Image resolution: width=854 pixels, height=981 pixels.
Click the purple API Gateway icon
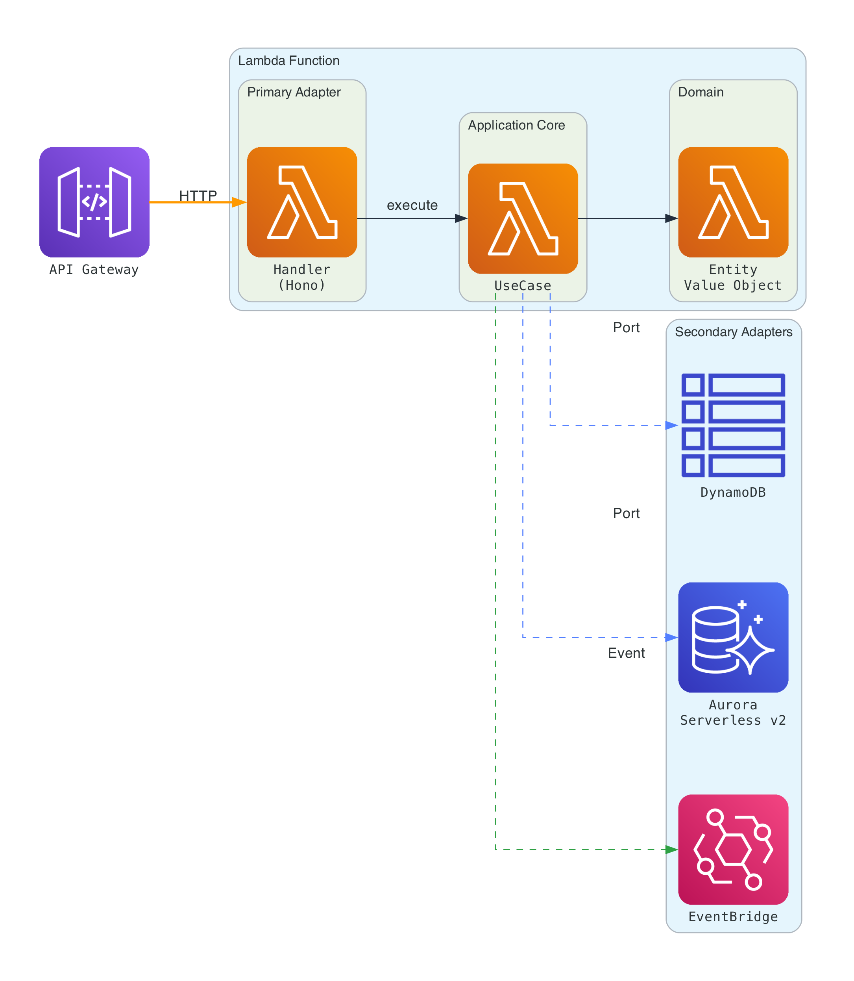click(94, 202)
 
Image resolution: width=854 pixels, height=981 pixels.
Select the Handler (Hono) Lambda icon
click(302, 202)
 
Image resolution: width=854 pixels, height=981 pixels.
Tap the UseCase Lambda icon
click(523, 218)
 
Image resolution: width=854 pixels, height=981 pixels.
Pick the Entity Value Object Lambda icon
click(733, 202)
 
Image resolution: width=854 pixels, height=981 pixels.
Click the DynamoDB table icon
click(733, 425)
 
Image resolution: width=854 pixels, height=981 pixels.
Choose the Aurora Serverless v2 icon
click(733, 637)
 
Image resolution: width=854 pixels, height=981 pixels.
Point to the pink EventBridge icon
click(733, 849)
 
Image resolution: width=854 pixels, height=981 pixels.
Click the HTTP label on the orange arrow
click(198, 195)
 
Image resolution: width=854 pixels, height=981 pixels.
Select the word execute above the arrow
click(412, 205)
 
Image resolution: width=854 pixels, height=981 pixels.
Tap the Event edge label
click(626, 653)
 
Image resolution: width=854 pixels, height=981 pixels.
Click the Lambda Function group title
click(289, 61)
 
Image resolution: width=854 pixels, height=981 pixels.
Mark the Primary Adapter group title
click(294, 92)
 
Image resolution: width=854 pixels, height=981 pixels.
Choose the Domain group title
click(701, 92)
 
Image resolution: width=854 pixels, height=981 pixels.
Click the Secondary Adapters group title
click(734, 332)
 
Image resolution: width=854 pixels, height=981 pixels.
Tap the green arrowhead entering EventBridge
click(671, 850)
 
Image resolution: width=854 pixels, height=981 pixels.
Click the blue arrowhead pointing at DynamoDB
click(671, 425)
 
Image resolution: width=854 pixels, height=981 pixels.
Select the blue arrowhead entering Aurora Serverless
click(671, 637)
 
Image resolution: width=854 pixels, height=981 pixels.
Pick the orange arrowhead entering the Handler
click(240, 202)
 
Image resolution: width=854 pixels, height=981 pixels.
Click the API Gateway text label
click(94, 269)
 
